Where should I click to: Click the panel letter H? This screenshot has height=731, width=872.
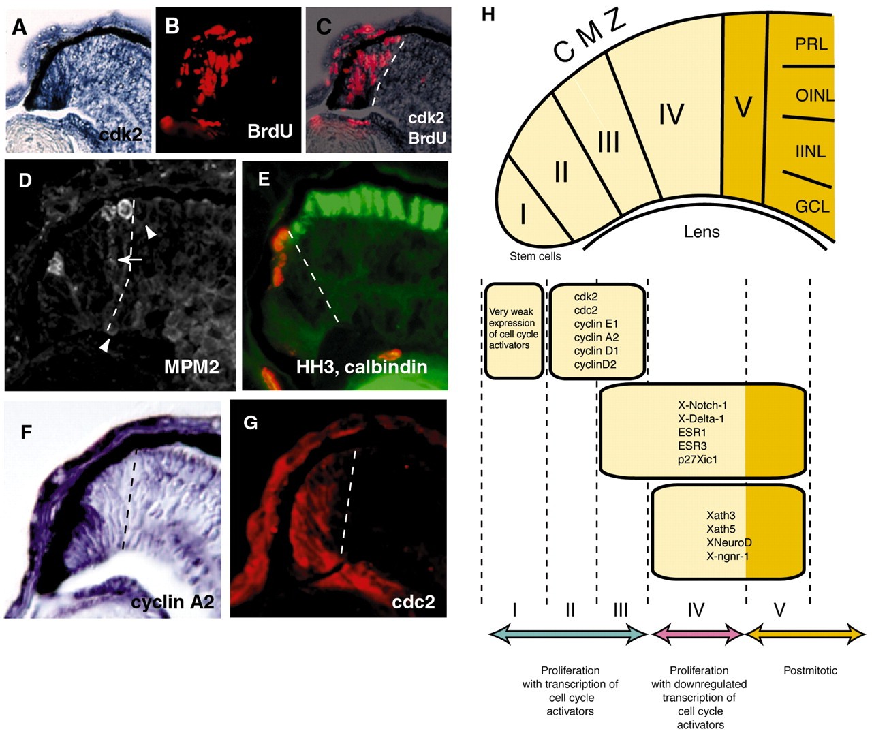click(488, 14)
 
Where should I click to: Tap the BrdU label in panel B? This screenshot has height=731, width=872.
click(270, 131)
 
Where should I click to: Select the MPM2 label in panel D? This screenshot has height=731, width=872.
click(191, 367)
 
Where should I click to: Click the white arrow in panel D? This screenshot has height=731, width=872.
click(129, 260)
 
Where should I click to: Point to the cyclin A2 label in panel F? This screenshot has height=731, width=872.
click(172, 602)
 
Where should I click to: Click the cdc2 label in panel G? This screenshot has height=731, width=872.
click(414, 602)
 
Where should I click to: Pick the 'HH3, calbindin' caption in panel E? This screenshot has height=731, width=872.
click(362, 367)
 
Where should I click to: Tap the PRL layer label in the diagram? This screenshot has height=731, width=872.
click(811, 44)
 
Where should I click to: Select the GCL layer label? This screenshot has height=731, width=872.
click(812, 204)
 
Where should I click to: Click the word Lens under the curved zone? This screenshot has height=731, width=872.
click(702, 232)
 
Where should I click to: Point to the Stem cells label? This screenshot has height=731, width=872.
click(535, 256)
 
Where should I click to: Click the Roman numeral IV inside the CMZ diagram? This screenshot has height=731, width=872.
click(671, 114)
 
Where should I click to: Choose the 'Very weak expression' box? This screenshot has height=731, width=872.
click(514, 330)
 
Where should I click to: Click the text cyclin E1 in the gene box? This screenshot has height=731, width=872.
click(596, 324)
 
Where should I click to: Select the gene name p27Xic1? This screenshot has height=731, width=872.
click(697, 459)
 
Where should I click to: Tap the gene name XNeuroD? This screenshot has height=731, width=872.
click(729, 542)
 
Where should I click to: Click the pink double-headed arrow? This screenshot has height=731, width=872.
click(696, 635)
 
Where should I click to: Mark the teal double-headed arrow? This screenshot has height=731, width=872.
click(568, 635)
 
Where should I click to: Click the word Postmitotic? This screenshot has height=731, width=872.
click(810, 670)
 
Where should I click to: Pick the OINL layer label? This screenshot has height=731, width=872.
click(814, 95)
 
